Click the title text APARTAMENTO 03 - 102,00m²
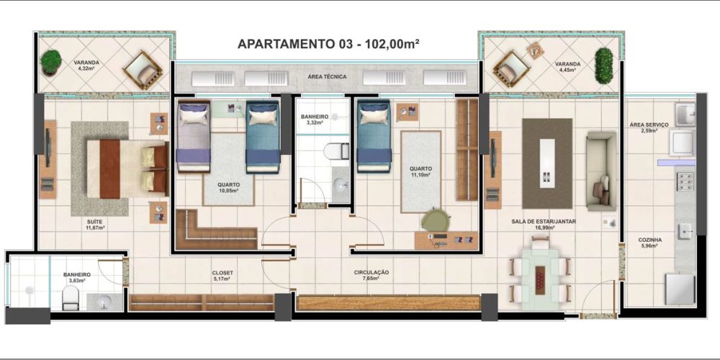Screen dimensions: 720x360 (x=328, y=44)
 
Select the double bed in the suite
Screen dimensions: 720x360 (x=127, y=168)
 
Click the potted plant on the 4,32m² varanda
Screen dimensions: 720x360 (x=50, y=63)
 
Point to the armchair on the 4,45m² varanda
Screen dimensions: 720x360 (x=511, y=69)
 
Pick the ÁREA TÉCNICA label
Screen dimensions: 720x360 (x=327, y=77)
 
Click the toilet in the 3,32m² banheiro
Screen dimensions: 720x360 (x=336, y=151)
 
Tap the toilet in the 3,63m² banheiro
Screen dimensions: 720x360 (x=71, y=297)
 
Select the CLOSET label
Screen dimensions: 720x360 (x=222, y=273)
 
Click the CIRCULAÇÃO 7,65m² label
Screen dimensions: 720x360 (x=371, y=276)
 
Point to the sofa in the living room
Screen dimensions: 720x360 (x=601, y=171)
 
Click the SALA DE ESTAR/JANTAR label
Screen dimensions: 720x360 (x=544, y=221)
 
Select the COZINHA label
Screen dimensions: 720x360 (x=649, y=240)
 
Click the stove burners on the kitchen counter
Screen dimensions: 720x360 (x=685, y=181)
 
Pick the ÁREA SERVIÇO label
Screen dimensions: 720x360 (x=649, y=125)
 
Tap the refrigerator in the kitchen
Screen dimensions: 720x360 (x=680, y=289)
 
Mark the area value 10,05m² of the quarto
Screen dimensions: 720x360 (x=229, y=191)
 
